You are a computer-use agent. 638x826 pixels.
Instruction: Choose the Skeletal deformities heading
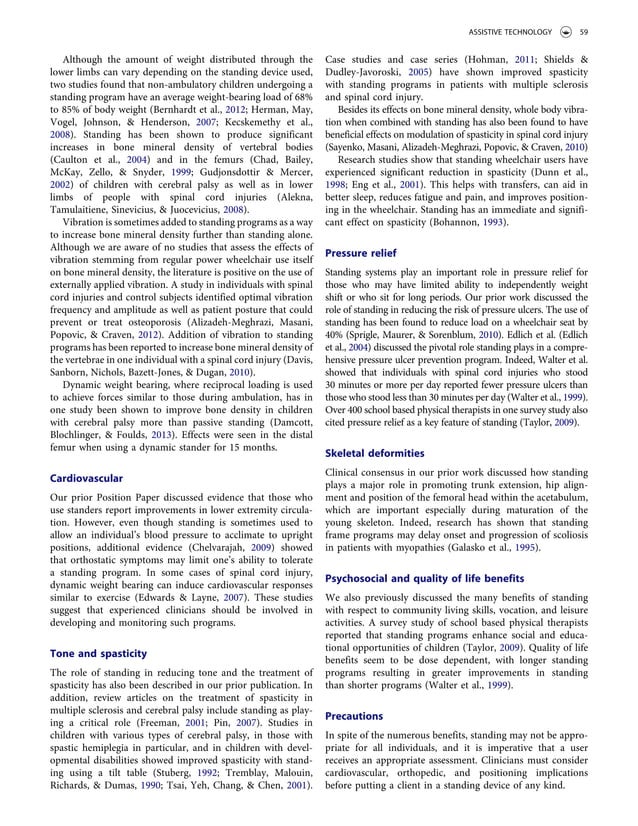(375, 453)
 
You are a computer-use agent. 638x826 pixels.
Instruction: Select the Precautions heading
(355, 715)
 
